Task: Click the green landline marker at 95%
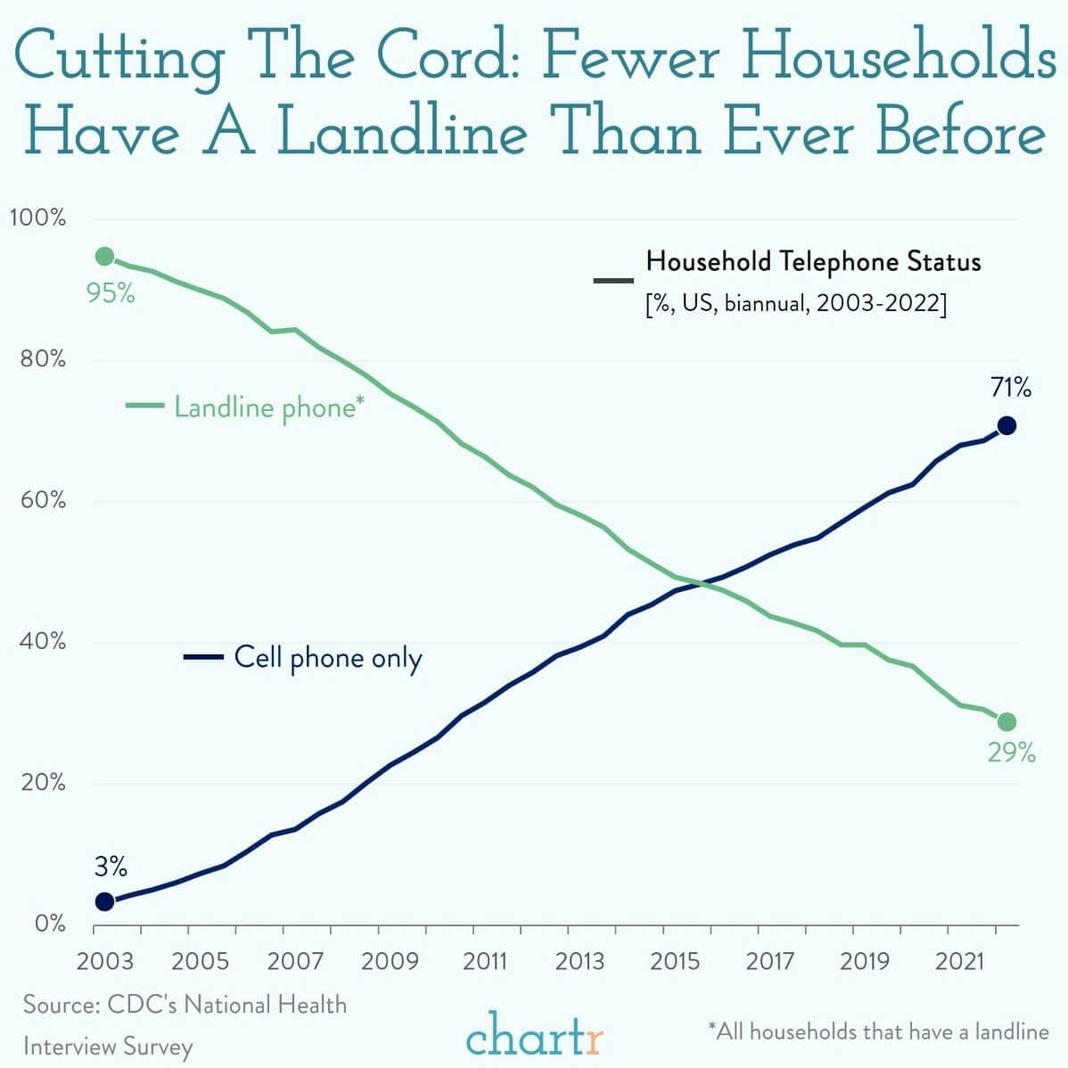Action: [104, 257]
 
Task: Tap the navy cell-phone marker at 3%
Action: [104, 901]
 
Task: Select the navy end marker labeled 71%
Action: [1006, 425]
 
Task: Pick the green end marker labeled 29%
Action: [1006, 721]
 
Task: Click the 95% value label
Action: [111, 292]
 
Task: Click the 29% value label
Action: [1011, 753]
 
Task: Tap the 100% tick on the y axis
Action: [37, 218]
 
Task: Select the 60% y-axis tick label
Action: [39, 501]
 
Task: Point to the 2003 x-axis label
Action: [105, 962]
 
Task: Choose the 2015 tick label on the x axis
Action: [675, 962]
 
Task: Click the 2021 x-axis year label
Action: [959, 962]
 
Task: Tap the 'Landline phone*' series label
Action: [268, 407]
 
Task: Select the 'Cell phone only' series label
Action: [327, 658]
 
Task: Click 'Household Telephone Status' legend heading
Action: [813, 262]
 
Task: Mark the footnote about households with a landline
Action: [878, 1031]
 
